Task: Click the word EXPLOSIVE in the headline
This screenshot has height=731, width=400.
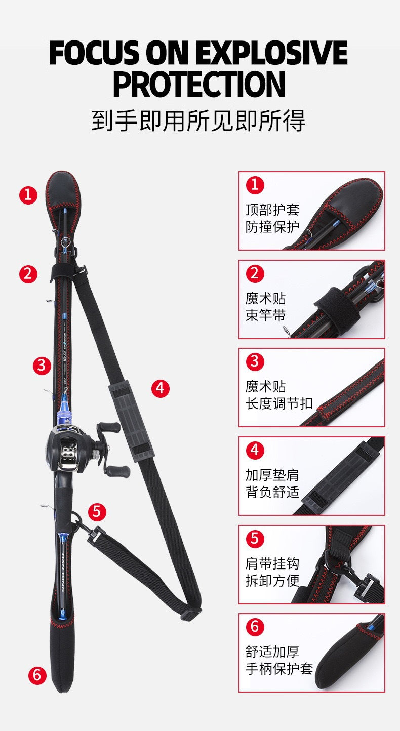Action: coord(272,53)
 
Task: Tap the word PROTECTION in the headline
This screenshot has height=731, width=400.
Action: coord(199,84)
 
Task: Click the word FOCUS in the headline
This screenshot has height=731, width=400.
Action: coord(95,53)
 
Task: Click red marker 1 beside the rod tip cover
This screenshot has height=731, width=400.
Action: coord(28,195)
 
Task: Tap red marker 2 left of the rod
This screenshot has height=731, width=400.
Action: coord(28,274)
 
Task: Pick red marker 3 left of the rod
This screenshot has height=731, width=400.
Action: coord(42,365)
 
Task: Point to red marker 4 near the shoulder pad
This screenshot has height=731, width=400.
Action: coord(161,388)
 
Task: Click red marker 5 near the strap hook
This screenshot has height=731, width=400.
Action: coord(97,512)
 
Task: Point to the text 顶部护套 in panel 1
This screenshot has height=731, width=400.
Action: coord(272,210)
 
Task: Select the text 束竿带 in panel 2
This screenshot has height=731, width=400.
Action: coord(266,315)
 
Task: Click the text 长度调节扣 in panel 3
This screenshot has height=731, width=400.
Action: coord(279,403)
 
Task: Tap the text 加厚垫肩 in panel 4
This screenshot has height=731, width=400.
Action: coord(272,475)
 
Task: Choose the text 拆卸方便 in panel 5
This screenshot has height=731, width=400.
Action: coord(272,581)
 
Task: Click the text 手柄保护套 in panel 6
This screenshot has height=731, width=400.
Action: coord(279,669)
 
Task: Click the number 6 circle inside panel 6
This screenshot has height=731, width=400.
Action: coord(255,627)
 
